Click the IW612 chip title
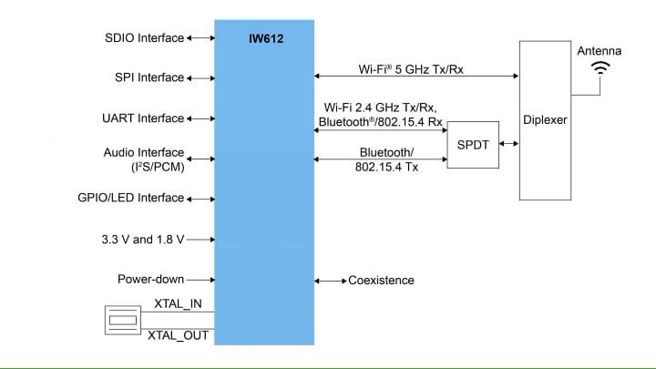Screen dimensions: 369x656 pyautogui.click(x=264, y=39)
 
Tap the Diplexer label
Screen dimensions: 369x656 pyautogui.click(x=545, y=120)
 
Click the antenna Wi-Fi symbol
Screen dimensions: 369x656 pyautogui.click(x=600, y=68)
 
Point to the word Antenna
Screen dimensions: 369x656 pyautogui.click(x=600, y=51)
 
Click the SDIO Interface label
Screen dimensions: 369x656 pyautogui.click(x=144, y=38)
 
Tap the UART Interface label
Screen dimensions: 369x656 pyautogui.click(x=143, y=118)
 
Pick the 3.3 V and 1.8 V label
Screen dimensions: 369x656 pyautogui.click(x=143, y=240)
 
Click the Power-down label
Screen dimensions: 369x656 pyautogui.click(x=150, y=280)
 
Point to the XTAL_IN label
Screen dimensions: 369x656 pyautogui.click(x=178, y=303)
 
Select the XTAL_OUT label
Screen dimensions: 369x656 pyautogui.click(x=178, y=335)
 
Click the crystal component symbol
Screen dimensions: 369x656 pyautogui.click(x=122, y=320)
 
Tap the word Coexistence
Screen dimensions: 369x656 pyautogui.click(x=381, y=280)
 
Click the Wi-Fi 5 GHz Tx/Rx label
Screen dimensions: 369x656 pyautogui.click(x=412, y=68)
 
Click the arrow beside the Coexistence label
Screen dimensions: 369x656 pyautogui.click(x=330, y=280)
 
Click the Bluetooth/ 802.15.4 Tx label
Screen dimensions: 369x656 pyautogui.click(x=386, y=159)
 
